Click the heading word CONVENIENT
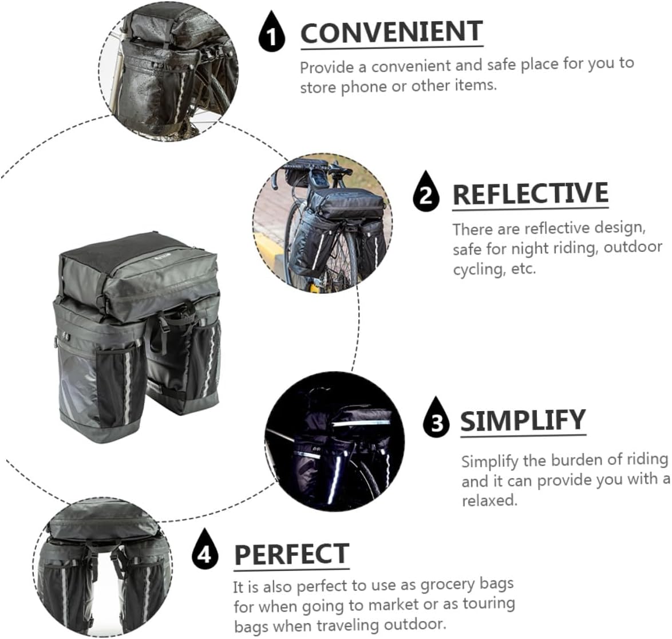pyautogui.click(x=392, y=32)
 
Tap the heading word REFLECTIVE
pyautogui.click(x=530, y=194)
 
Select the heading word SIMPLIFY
pyautogui.click(x=523, y=421)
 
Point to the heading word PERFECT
pyautogui.click(x=291, y=554)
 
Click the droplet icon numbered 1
pyautogui.click(x=271, y=34)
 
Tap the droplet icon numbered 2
pyautogui.click(x=426, y=194)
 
